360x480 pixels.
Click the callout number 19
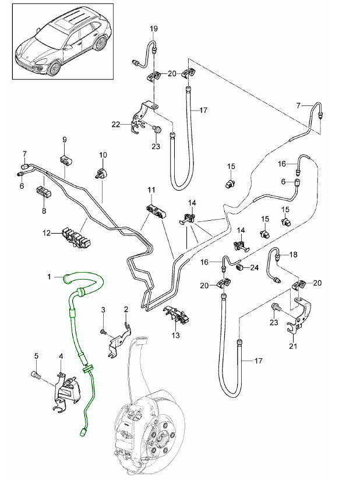[154, 29]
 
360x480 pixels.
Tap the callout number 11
[151, 190]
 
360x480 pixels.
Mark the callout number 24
[254, 268]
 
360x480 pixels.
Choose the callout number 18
[293, 255]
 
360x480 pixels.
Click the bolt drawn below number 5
[36, 376]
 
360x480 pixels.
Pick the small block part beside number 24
[239, 267]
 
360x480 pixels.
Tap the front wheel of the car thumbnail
[54, 67]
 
